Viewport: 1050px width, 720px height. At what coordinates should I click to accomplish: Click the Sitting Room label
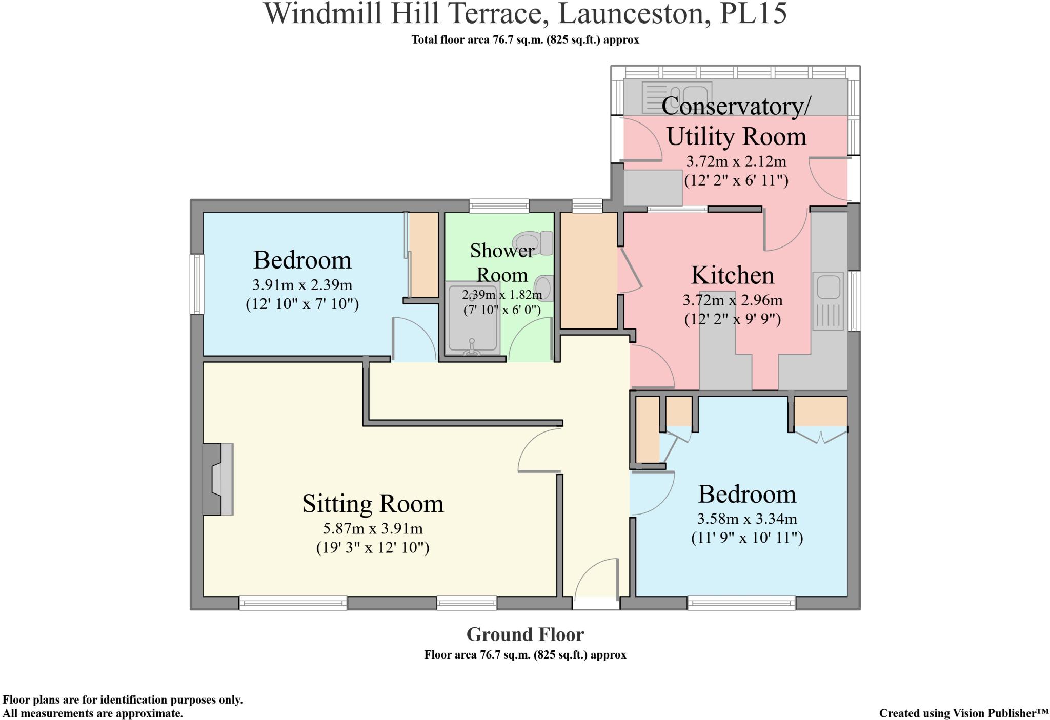click(x=373, y=504)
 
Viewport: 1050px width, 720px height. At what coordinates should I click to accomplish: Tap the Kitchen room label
click(x=733, y=275)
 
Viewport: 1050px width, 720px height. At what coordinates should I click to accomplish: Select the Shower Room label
click(x=502, y=262)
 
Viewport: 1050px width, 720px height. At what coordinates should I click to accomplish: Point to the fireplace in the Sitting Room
click(x=218, y=479)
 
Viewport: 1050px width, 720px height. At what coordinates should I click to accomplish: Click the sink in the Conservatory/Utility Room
click(x=677, y=97)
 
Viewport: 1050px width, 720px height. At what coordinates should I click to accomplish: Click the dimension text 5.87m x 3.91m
click(x=373, y=528)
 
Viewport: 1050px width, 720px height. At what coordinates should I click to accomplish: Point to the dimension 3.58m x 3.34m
click(x=747, y=519)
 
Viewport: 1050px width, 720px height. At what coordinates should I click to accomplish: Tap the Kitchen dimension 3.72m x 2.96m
click(x=733, y=300)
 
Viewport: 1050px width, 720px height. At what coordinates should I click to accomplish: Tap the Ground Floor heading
click(x=525, y=634)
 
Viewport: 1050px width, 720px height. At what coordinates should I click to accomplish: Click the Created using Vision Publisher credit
click(x=964, y=713)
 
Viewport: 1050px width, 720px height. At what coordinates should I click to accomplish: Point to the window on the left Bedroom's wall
click(x=197, y=284)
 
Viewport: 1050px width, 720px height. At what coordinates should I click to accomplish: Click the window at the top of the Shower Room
click(x=499, y=206)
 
